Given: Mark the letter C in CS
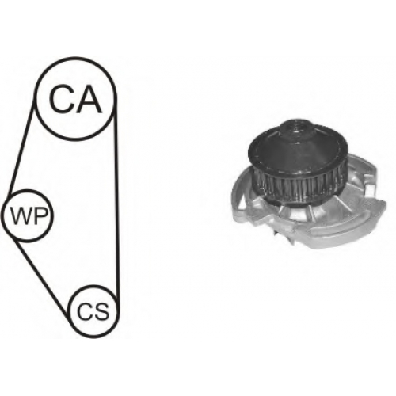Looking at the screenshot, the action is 84,311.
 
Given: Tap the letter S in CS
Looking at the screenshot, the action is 101,311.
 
